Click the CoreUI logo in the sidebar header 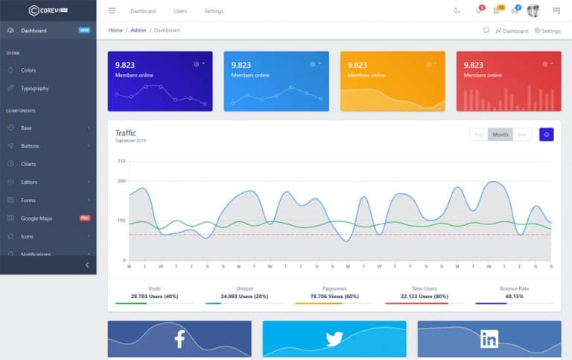[48, 10]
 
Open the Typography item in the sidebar [34, 88]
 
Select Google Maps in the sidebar [36, 218]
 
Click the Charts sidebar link [28, 164]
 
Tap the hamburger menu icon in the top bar [112, 10]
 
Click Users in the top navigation [180, 11]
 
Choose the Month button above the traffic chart [500, 135]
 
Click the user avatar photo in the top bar [533, 10]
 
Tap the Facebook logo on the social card [179, 339]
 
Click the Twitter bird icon [334, 339]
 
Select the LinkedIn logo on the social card [489, 339]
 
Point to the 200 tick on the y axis [121, 181]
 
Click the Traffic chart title [126, 133]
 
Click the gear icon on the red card [545, 64]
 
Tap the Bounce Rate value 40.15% [513, 296]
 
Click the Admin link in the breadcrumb [139, 31]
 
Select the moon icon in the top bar [457, 10]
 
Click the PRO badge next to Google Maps [85, 218]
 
